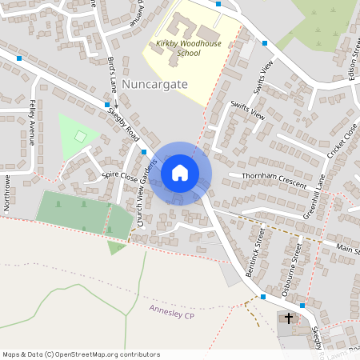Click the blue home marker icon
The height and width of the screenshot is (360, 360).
[x=180, y=172]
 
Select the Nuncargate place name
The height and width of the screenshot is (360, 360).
[x=154, y=82]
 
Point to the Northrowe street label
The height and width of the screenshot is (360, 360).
[x=6, y=193]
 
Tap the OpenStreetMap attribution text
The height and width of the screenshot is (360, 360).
[x=70, y=354]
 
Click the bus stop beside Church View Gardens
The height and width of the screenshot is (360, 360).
[x=144, y=151]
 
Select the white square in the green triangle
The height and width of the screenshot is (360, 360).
[x=79, y=137]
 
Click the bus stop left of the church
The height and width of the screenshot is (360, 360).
[x=263, y=297]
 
